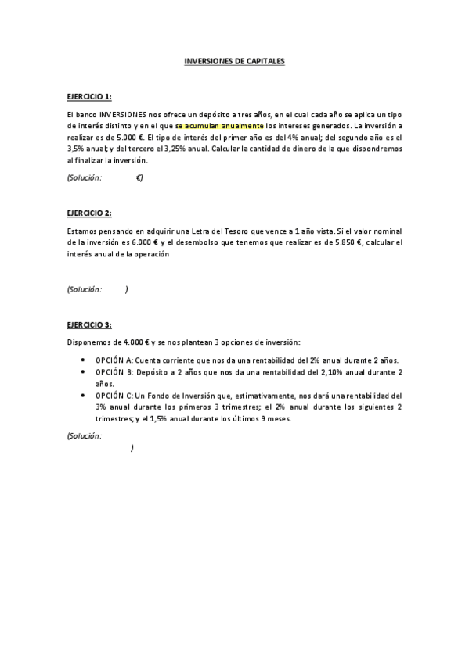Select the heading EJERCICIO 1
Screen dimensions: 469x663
pyautogui.click(x=88, y=96)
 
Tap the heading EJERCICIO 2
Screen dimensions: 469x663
pyautogui.click(x=88, y=213)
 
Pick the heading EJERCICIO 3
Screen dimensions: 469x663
pyautogui.click(x=88, y=324)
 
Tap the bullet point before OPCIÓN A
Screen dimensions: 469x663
pyautogui.click(x=83, y=360)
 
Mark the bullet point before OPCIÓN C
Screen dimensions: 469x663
pyautogui.click(x=83, y=396)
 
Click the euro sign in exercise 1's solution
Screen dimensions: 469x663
pyautogui.click(x=138, y=177)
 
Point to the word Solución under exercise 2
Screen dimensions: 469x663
pyautogui.click(x=85, y=289)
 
